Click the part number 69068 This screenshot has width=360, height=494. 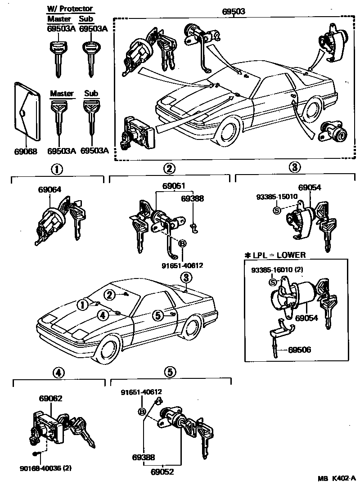[x=27, y=151]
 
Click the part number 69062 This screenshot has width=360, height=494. [x=50, y=398]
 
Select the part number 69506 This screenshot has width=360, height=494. [x=300, y=349]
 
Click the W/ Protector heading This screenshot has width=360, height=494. [x=70, y=9]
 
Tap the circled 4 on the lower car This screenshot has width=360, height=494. [x=103, y=315]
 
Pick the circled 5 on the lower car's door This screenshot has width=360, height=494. [x=157, y=316]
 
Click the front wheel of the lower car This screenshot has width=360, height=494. [x=108, y=349]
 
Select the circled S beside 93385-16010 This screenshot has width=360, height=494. [x=272, y=282]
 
